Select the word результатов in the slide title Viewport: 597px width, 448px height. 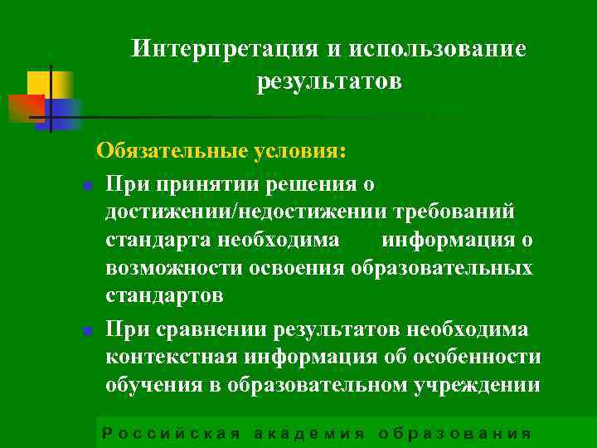(x=329, y=81)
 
